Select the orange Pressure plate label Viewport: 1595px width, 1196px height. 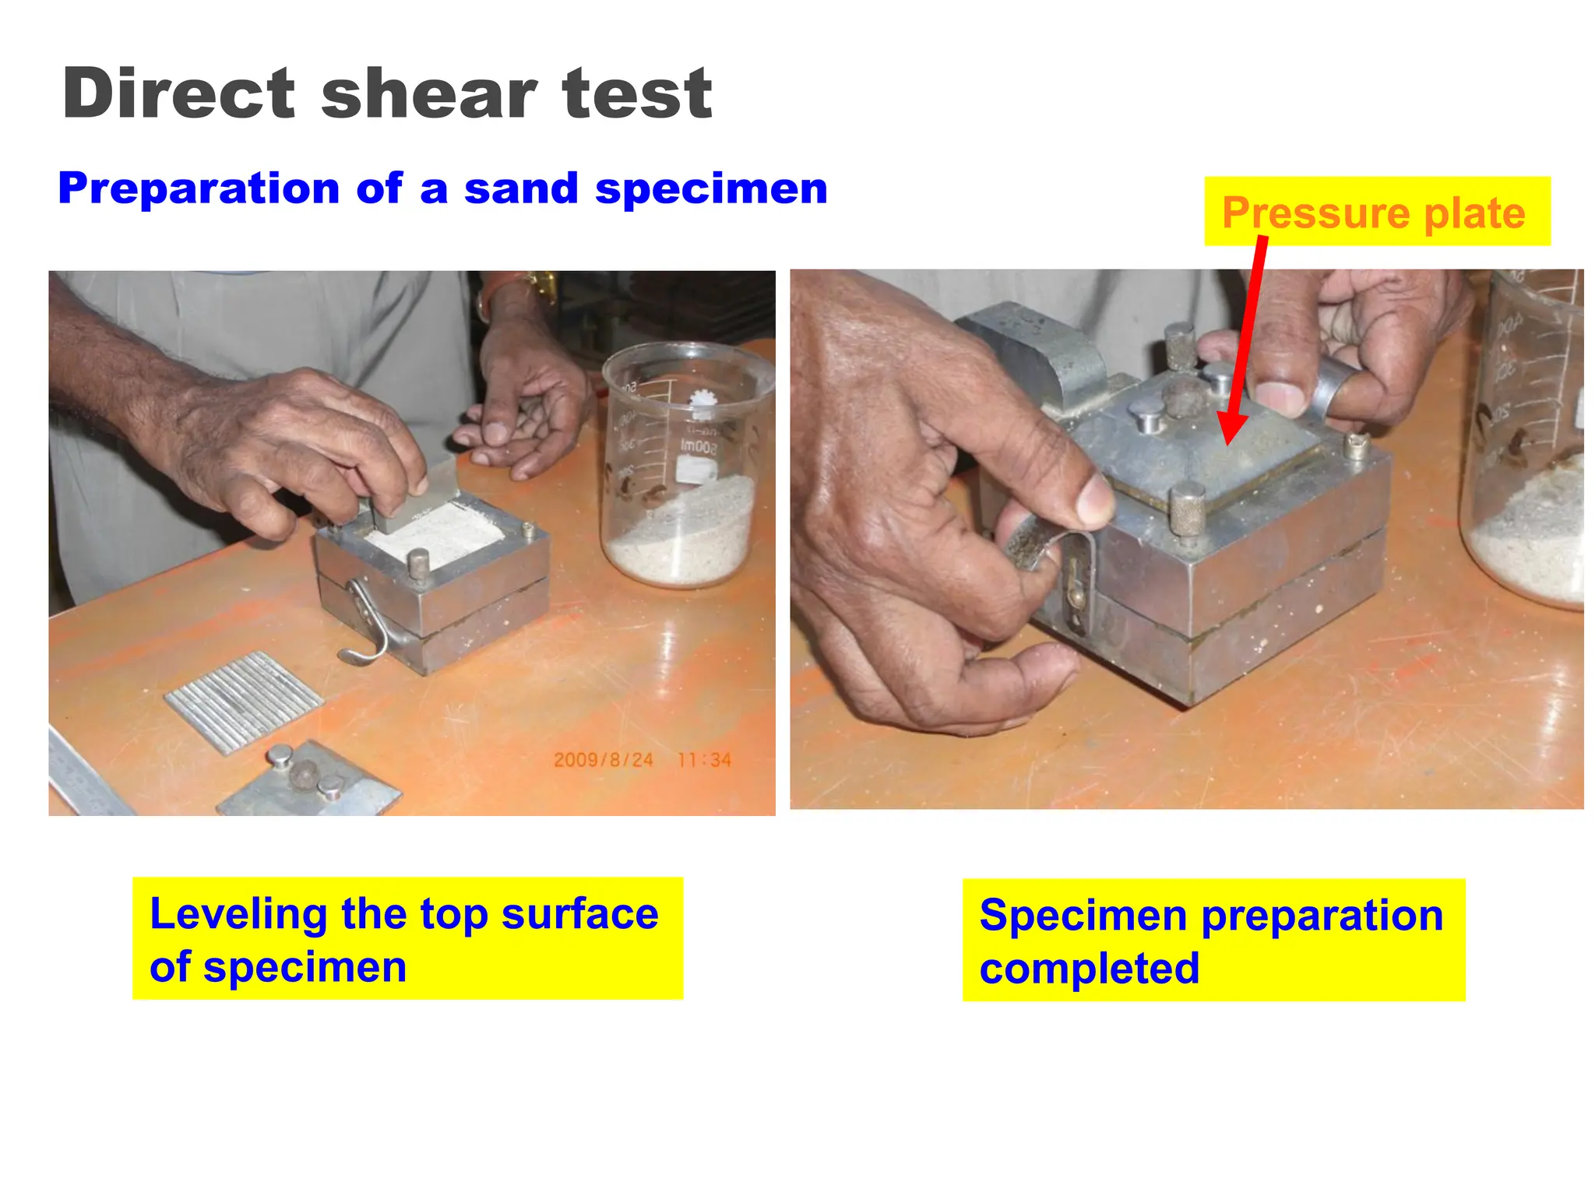click(1374, 212)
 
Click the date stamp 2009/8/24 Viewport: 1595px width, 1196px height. click(603, 760)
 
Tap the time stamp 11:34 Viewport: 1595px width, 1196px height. click(704, 760)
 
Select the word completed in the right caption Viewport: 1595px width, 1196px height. click(1089, 968)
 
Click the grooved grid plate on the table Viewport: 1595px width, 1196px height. click(243, 701)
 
